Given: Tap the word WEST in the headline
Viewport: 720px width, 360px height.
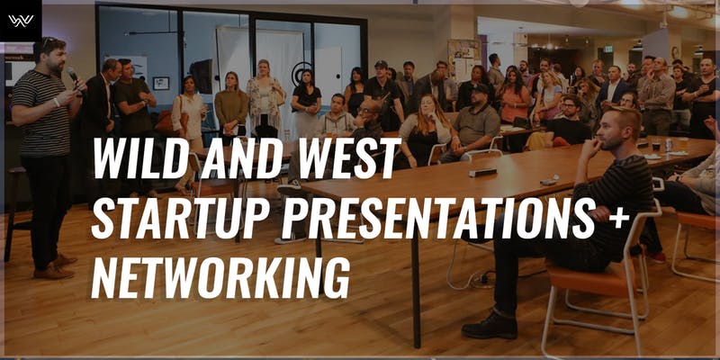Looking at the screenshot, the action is tap(350, 157).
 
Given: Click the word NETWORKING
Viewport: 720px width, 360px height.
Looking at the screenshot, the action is tap(220, 278).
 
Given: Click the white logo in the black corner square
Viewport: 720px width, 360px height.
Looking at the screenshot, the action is tap(21, 21).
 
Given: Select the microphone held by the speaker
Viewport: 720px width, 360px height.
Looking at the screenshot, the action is tap(75, 79).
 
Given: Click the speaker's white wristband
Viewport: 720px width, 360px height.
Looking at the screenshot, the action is tap(57, 102).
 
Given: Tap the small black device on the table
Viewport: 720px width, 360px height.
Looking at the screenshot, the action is tap(482, 172).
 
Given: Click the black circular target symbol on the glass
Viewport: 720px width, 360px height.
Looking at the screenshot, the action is tap(301, 74).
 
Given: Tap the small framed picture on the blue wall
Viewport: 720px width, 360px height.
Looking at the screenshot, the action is tap(161, 83).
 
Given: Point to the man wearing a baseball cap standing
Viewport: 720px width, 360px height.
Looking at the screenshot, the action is tap(383, 97).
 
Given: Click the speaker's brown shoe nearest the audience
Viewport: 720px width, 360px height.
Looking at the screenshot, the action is tap(54, 273).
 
